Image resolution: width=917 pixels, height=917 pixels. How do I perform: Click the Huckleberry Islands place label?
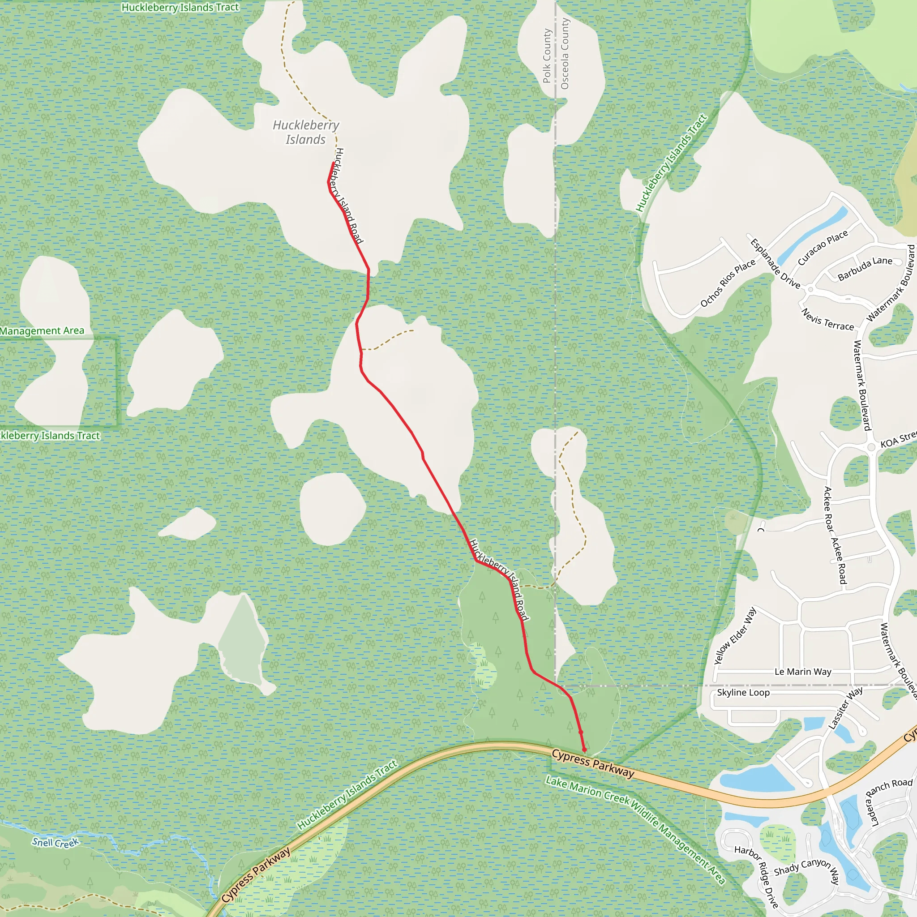[306, 133]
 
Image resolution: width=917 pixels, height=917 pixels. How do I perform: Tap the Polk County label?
[547, 56]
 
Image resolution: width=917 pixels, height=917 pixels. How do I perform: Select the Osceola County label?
[564, 54]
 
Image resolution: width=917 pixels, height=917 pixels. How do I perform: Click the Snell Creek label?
[56, 843]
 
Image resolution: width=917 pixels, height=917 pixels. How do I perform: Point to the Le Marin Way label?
[803, 672]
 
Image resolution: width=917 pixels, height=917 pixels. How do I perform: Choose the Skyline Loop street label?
[743, 693]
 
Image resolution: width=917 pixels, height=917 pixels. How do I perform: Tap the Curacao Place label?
[823, 248]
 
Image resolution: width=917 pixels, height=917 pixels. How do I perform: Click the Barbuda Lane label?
[865, 268]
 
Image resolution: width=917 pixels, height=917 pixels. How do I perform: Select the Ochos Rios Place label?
[728, 283]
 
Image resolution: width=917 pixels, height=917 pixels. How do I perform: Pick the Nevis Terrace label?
[827, 319]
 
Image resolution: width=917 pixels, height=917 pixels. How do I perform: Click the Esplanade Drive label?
[775, 264]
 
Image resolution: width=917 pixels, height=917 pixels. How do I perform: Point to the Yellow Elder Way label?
[735, 636]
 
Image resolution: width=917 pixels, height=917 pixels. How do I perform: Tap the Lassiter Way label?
[845, 708]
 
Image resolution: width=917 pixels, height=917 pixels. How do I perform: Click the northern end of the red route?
[333, 163]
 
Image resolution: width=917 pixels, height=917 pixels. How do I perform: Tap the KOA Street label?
[898, 440]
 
